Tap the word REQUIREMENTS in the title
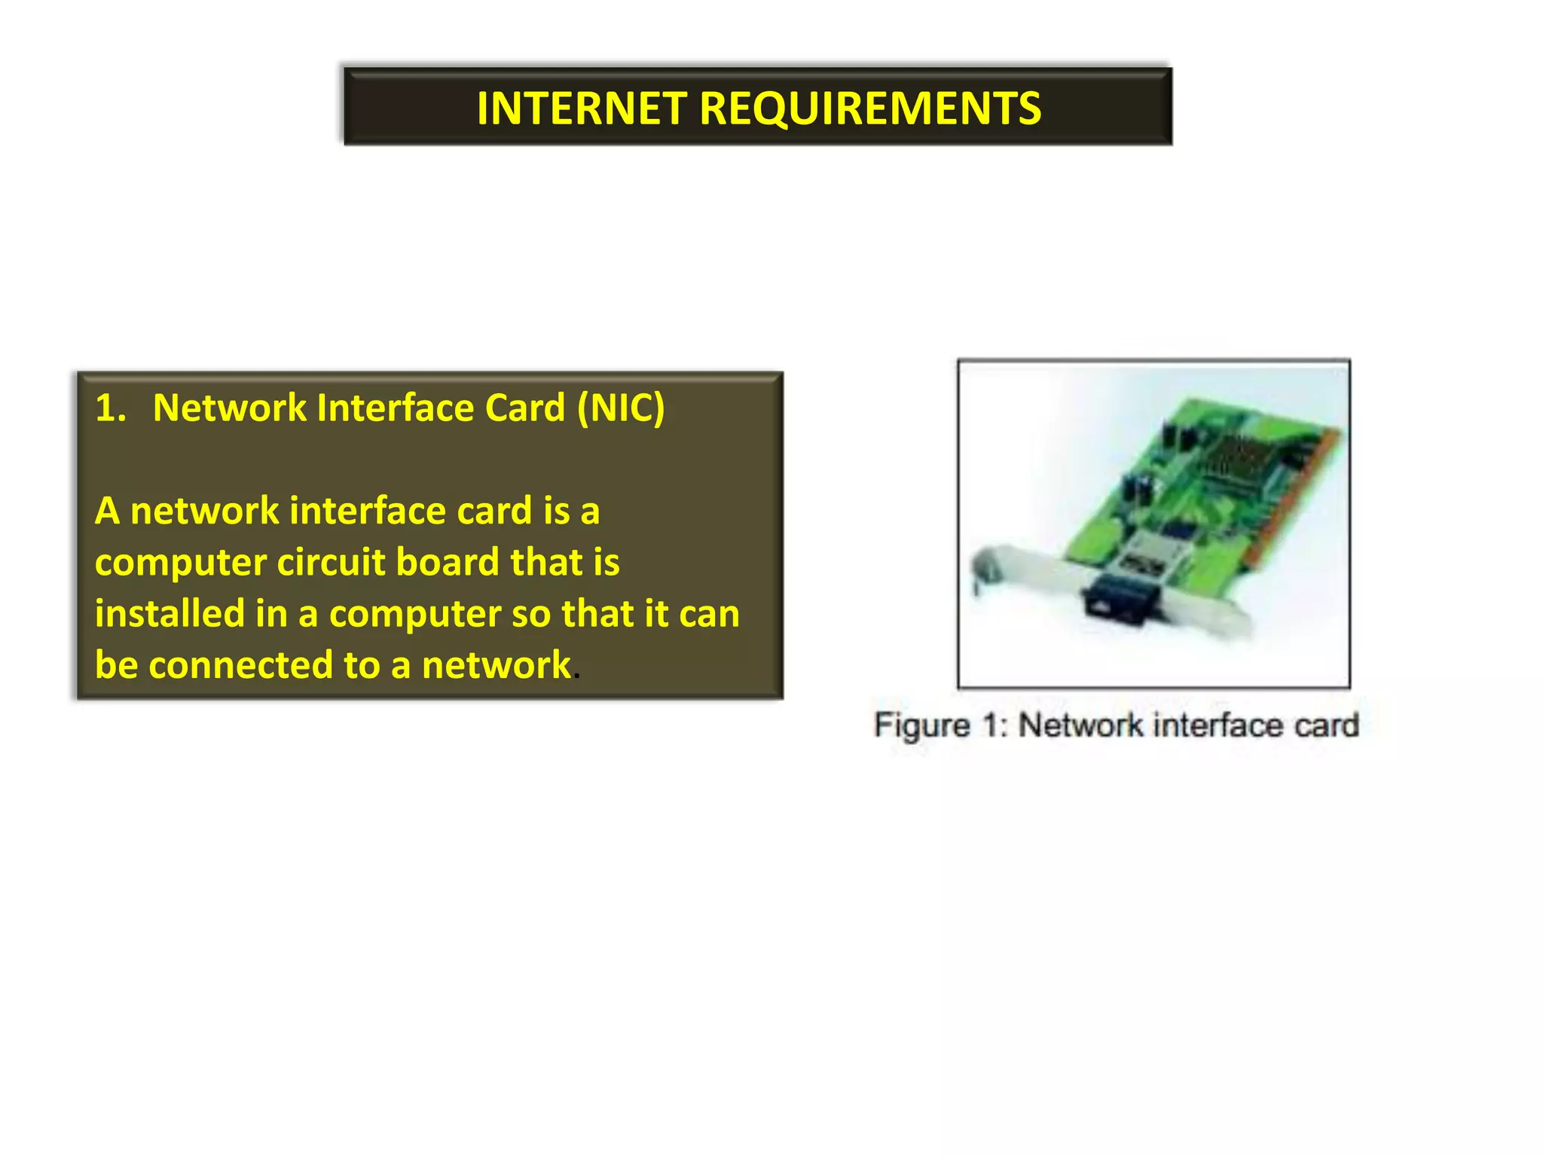[x=870, y=108]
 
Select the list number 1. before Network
[x=111, y=408]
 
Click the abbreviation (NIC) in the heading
[x=621, y=408]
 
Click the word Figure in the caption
[x=921, y=726]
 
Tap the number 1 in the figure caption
[x=989, y=726]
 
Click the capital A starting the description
[x=107, y=511]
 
